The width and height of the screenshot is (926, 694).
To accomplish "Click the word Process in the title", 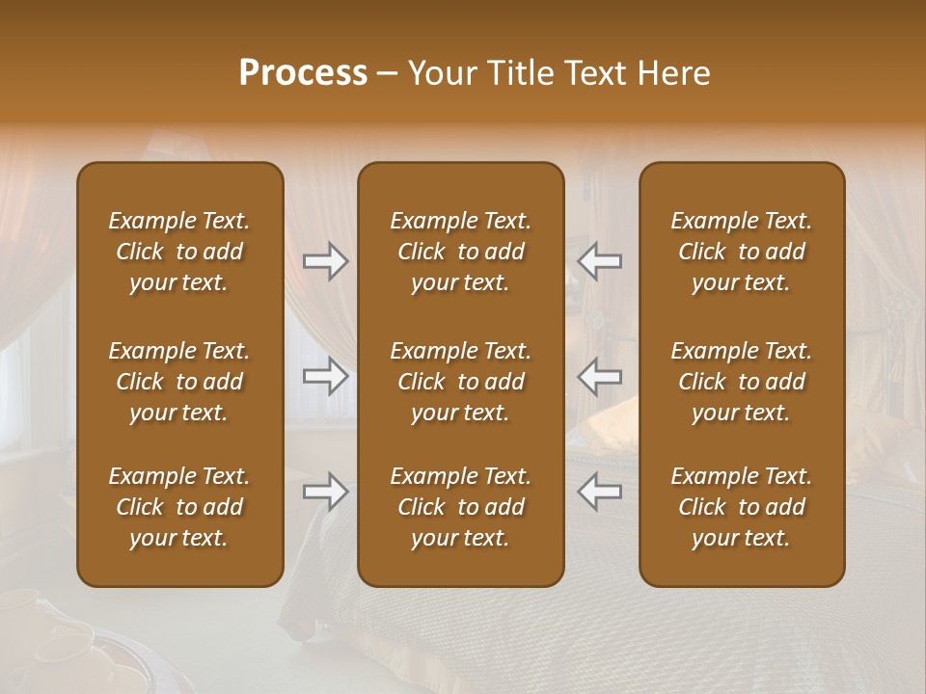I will [303, 73].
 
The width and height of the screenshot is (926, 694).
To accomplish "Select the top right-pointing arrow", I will [326, 261].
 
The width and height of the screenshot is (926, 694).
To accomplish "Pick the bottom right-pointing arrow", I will [326, 493].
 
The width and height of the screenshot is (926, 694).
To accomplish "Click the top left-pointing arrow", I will [599, 261].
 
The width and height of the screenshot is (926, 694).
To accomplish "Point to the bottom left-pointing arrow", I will [599, 493].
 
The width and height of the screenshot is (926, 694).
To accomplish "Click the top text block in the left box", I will [179, 252].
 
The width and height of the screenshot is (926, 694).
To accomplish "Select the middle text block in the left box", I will [179, 382].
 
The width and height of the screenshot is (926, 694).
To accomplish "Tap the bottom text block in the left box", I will [179, 507].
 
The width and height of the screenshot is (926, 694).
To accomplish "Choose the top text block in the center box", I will [460, 252].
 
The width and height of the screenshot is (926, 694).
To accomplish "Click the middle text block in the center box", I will [460, 382].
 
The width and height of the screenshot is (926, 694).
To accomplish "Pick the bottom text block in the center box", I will [460, 507].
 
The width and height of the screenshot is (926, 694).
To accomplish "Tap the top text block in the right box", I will [741, 252].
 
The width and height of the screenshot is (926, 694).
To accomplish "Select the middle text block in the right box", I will [741, 382].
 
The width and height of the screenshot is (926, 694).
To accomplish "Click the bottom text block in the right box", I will [741, 507].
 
